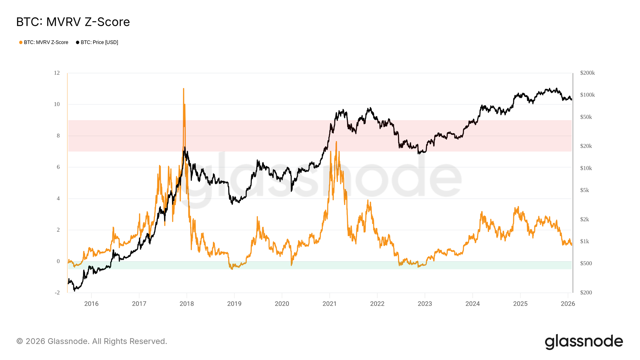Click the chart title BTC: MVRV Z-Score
point(73,22)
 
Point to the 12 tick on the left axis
point(57,73)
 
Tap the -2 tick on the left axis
point(57,292)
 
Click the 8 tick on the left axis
point(58,136)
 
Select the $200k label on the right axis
point(587,73)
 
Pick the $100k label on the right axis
point(587,95)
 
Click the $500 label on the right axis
point(586,263)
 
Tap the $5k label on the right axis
point(584,190)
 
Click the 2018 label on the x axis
point(187,304)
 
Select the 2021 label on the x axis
point(329,304)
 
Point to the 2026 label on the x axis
point(568,304)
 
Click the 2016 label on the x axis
point(91,304)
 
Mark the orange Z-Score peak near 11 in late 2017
point(183,89)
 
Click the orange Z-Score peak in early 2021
point(336,142)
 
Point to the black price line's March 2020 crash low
point(291,191)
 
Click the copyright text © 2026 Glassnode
point(92,341)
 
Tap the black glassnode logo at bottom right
point(584,341)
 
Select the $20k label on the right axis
point(586,146)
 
